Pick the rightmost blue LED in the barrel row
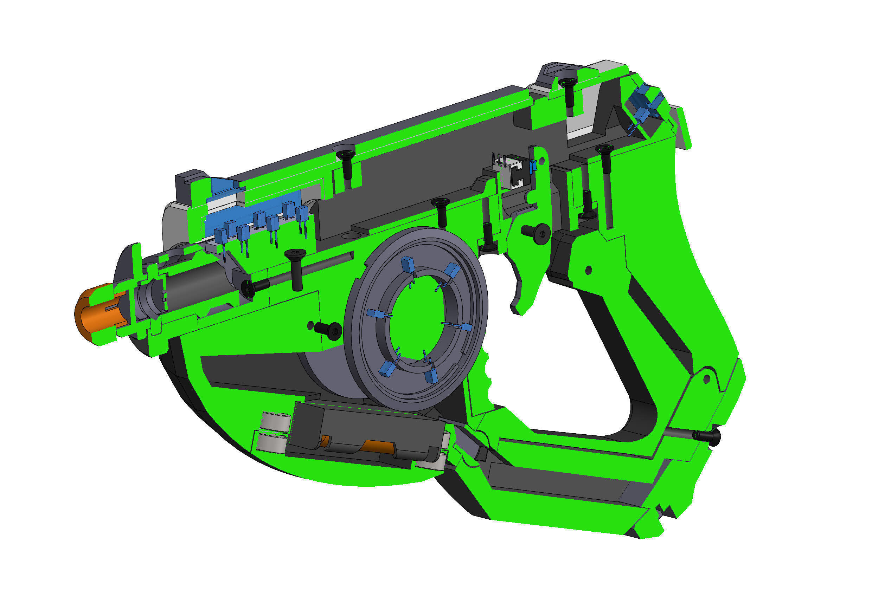click(302, 214)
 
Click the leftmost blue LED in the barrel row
click(220, 235)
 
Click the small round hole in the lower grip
click(707, 378)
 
